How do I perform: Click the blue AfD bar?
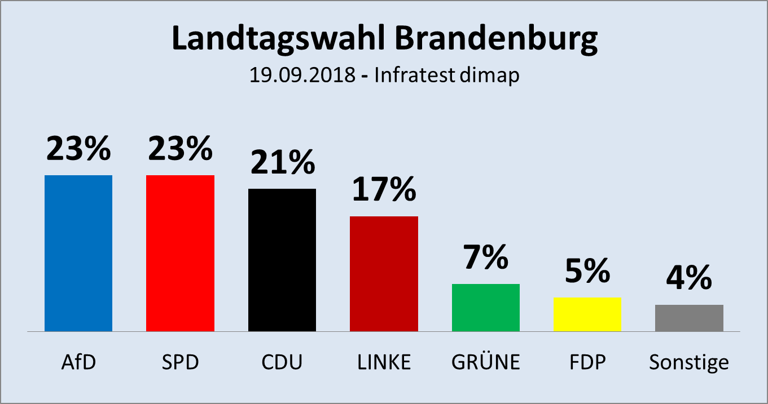pos(78,253)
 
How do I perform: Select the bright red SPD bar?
pos(180,253)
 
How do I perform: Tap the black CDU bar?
pos(282,260)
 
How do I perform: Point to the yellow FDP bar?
pos(587,314)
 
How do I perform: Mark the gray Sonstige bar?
pos(689,318)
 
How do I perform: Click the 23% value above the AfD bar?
pos(78,149)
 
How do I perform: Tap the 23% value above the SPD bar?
pos(180,149)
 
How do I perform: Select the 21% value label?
pos(282,162)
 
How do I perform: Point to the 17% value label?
pos(384,190)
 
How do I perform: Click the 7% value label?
pos(486,258)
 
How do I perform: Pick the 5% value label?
pos(587,271)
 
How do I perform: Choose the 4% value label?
pos(689,278)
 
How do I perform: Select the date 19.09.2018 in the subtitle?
pos(302,76)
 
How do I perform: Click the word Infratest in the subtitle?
pos(414,76)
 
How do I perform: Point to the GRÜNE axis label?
pos(486,362)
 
